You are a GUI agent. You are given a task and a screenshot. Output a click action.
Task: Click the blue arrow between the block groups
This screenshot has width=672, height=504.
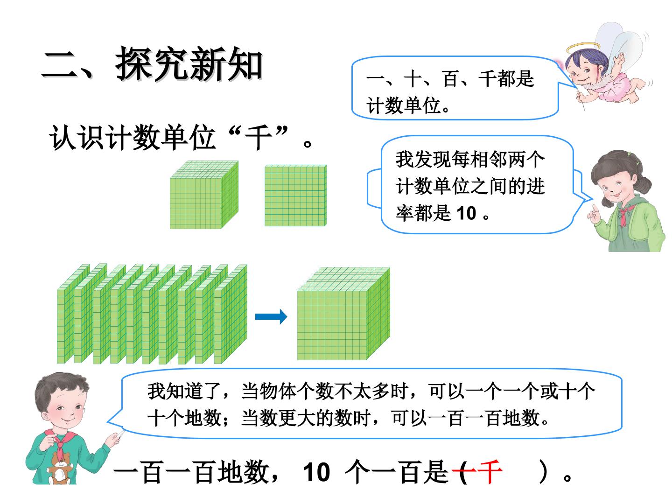click(x=271, y=317)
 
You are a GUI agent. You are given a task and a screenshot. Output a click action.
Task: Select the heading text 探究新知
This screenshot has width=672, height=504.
click(x=189, y=64)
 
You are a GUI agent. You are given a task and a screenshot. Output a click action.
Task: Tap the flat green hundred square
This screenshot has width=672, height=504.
click(x=295, y=196)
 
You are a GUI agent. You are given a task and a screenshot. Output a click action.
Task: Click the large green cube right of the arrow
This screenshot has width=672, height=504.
click(x=343, y=313)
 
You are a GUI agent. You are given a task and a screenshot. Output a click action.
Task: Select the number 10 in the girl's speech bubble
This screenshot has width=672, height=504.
click(x=466, y=213)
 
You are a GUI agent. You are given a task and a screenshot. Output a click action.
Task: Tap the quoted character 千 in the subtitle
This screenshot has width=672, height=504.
click(x=258, y=138)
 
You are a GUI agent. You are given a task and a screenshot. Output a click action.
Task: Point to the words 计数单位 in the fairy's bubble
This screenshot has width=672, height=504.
click(x=404, y=105)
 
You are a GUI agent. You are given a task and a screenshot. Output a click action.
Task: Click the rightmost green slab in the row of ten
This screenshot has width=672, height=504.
click(x=231, y=314)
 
